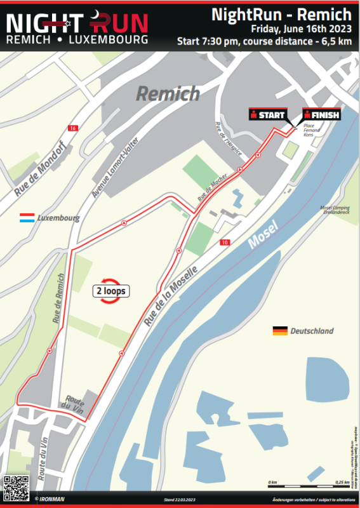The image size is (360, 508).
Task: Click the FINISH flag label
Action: click(x=322, y=115)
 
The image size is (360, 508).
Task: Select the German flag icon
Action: click(x=279, y=331)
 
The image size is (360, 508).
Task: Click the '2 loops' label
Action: click(x=110, y=291)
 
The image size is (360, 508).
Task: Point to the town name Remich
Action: click(x=168, y=95)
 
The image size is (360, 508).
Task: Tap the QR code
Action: click(x=16, y=487)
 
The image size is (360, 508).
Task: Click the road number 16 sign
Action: click(x=73, y=128)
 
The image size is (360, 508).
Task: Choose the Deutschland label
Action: click(x=312, y=331)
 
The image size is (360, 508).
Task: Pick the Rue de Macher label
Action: click(x=211, y=189)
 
